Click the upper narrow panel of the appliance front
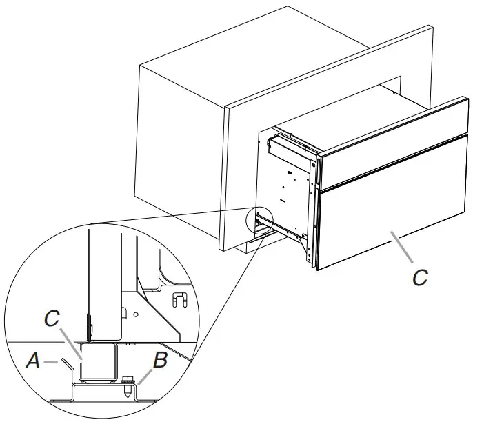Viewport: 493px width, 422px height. [x=393, y=145]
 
